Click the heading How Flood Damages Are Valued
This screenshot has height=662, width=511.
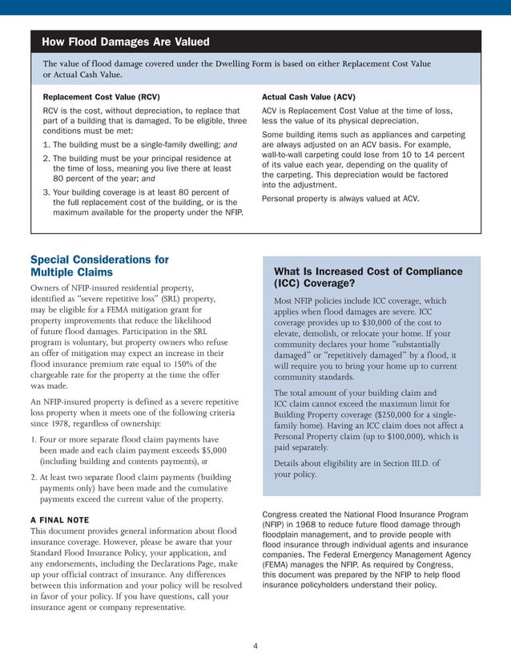(x=126, y=42)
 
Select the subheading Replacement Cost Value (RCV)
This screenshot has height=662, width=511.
(x=101, y=96)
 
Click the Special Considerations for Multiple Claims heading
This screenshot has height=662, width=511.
(x=99, y=266)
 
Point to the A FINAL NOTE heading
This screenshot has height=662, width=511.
(x=59, y=519)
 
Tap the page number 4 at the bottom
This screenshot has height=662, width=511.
(x=255, y=645)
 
